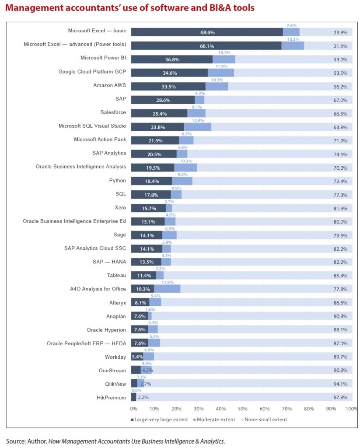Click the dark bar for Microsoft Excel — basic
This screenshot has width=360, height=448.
206,32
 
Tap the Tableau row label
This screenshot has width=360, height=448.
116,275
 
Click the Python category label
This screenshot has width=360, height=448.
117,180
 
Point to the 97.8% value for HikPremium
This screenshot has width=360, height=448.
340,397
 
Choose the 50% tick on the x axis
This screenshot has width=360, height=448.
242,409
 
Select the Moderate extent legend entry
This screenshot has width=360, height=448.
215,420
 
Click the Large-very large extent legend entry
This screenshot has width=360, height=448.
160,420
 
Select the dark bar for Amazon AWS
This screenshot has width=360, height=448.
168,86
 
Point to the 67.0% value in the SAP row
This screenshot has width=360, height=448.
340,100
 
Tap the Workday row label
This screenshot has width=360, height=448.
115,357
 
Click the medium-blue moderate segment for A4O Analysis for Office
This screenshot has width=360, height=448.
167,289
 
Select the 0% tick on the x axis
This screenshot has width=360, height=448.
133,409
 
